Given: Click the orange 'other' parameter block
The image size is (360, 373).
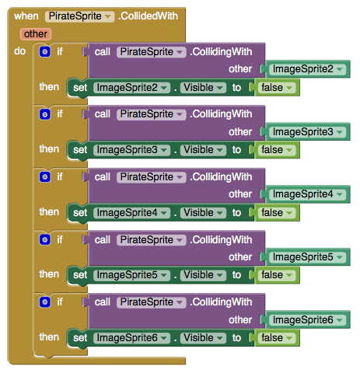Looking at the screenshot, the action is pyautogui.click(x=36, y=34).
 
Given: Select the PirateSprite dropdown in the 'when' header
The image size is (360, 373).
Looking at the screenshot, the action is pyautogui.click(x=79, y=16).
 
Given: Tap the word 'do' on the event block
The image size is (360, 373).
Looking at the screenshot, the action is pyautogui.click(x=19, y=51).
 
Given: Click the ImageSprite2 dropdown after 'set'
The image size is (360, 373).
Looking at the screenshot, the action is pyautogui.click(x=131, y=88).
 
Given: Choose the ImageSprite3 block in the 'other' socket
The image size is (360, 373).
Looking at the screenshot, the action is pyautogui.click(x=307, y=132).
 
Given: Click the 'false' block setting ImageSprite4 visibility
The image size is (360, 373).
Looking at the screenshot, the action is pyautogui.click(x=277, y=213).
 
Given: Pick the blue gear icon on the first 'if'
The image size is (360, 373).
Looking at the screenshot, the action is pyautogui.click(x=45, y=51).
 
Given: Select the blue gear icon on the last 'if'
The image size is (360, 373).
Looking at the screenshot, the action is pyautogui.click(x=45, y=302).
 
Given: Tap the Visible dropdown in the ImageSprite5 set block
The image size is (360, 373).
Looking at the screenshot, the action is pyautogui.click(x=203, y=275).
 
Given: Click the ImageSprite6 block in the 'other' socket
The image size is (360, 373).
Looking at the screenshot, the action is pyautogui.click(x=307, y=319).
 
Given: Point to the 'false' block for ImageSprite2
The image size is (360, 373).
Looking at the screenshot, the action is pyautogui.click(x=277, y=88).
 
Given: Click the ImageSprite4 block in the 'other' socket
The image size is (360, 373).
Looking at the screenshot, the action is pyautogui.click(x=307, y=194).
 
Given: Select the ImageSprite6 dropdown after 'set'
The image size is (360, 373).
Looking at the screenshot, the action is pyautogui.click(x=131, y=338).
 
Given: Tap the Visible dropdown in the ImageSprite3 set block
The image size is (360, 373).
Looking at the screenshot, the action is pyautogui.click(x=203, y=150).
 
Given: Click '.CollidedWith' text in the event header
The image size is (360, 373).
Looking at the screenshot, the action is pyautogui.click(x=148, y=16).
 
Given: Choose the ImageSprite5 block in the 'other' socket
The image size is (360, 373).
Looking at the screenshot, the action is pyautogui.click(x=307, y=257).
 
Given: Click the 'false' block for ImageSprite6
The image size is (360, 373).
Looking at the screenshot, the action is pyautogui.click(x=277, y=338).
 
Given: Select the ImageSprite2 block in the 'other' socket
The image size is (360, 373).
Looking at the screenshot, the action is pyautogui.click(x=307, y=69).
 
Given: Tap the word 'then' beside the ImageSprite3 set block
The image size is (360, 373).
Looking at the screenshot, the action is pyautogui.click(x=49, y=149).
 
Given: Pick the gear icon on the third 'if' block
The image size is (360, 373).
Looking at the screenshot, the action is pyautogui.click(x=45, y=176).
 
